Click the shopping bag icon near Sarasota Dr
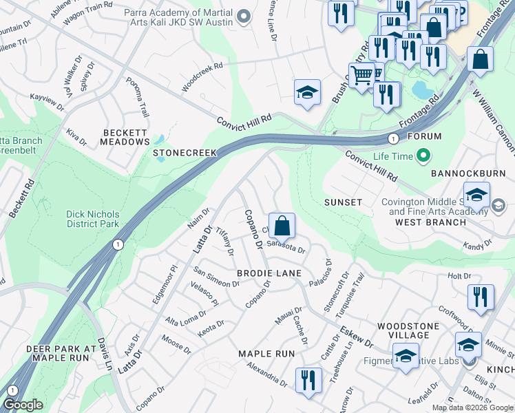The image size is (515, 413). [x=282, y=225]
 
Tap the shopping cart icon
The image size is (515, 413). [x=361, y=74]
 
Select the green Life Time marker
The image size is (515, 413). [x=424, y=156]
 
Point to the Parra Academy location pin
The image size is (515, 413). [x=242, y=15]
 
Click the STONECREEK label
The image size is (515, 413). [x=185, y=153]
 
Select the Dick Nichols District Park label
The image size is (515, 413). [x=92, y=219]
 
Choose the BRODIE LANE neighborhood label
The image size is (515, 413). [x=269, y=273]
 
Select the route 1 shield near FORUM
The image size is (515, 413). [x=392, y=137]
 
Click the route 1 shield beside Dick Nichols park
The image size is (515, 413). [x=119, y=244]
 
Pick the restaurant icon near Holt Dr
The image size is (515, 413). [x=480, y=297]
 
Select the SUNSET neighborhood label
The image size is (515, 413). [x=343, y=202]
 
